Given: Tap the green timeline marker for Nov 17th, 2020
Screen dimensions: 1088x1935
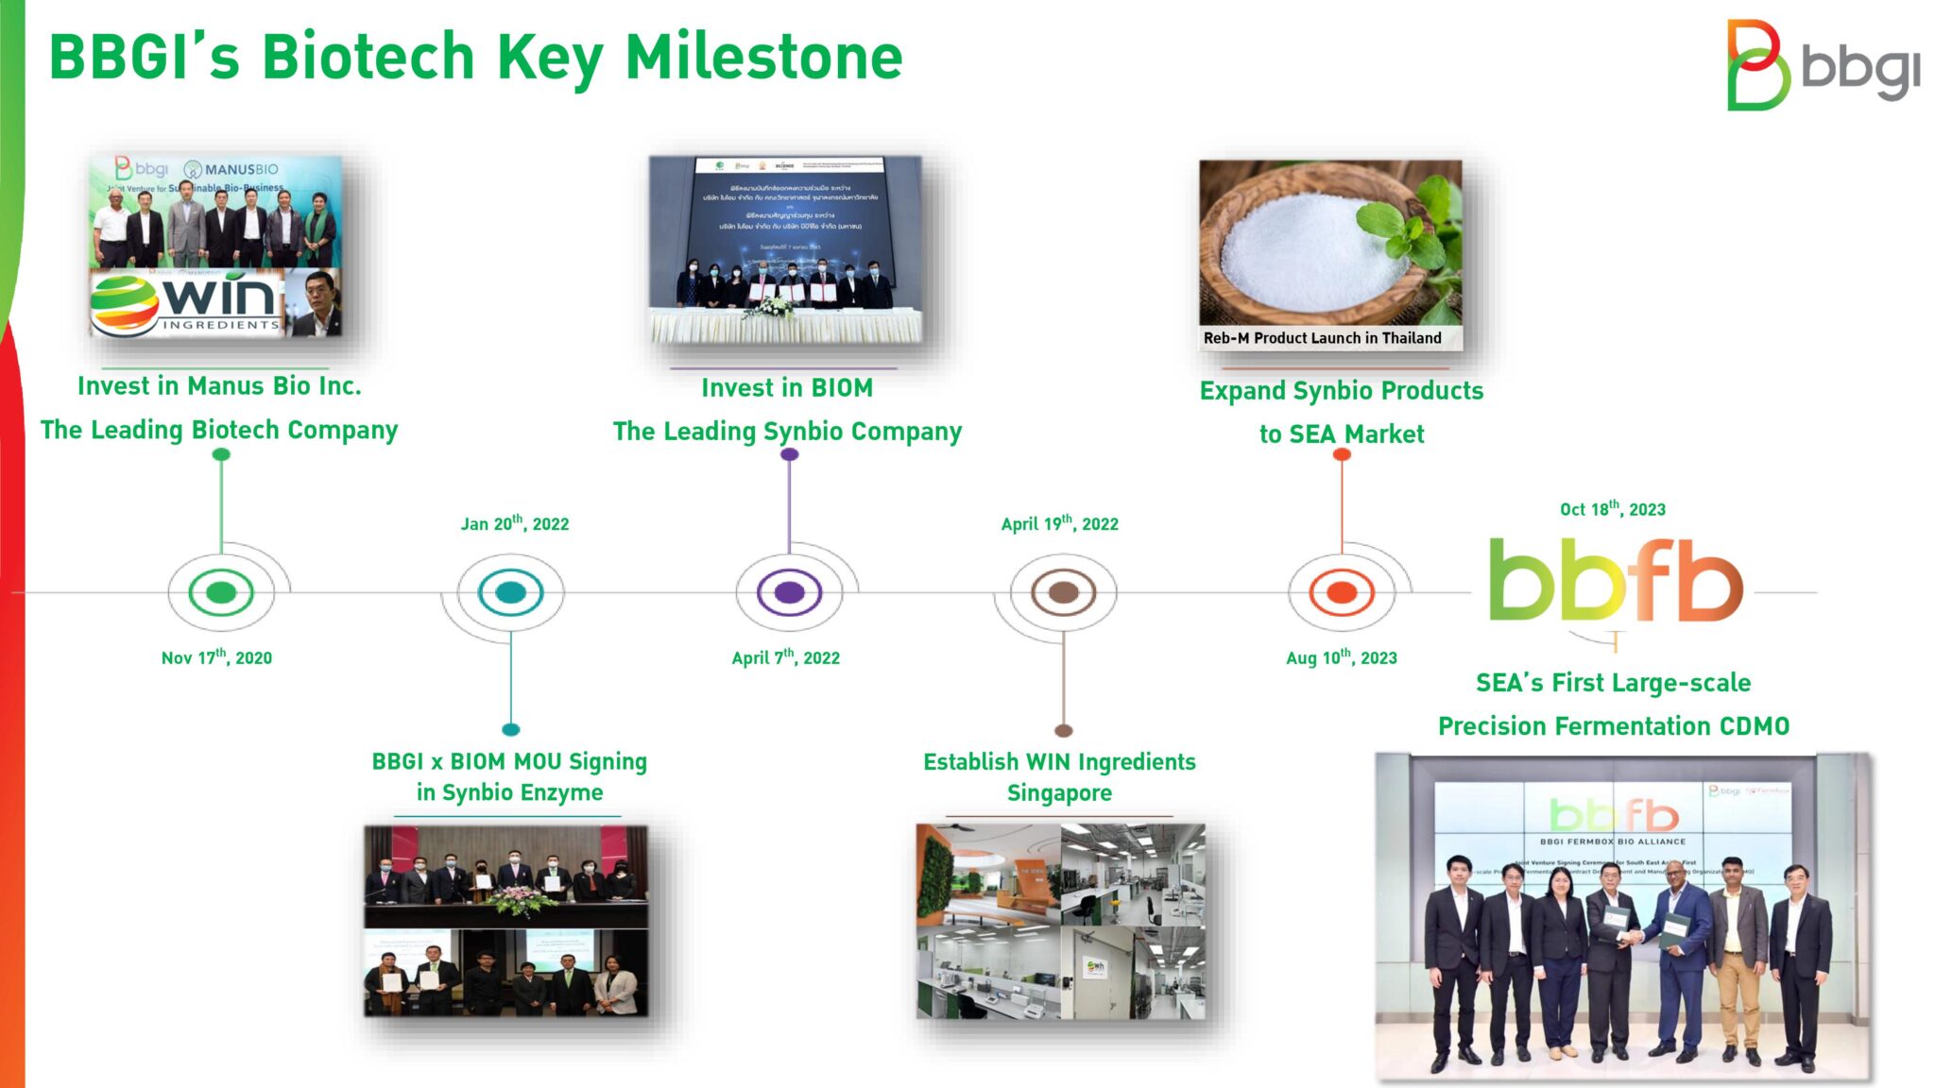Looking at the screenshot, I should (221, 592).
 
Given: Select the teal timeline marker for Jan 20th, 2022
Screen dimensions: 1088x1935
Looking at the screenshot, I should (510, 592).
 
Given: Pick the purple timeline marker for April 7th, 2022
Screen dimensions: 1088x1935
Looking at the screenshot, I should (789, 592).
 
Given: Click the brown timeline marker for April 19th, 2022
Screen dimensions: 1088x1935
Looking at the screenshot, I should (1063, 592).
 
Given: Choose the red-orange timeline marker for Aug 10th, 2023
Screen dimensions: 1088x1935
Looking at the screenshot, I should (1342, 592).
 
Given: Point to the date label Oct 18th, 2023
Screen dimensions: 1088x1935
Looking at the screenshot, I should (1612, 509).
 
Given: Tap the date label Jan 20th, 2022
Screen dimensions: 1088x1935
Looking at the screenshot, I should (515, 523).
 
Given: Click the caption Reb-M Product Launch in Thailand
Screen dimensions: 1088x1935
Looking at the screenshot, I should (1322, 338).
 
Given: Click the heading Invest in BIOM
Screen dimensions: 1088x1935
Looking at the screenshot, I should (787, 388).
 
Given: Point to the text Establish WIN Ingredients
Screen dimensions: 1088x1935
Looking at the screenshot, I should (1059, 762).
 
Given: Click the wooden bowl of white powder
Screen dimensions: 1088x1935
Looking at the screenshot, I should (1304, 246).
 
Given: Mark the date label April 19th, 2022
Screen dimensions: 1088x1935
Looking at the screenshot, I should (1059, 523).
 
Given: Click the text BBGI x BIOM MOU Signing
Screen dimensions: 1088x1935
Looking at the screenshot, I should (509, 762).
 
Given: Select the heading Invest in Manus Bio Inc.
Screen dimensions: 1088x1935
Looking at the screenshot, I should (219, 386).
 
